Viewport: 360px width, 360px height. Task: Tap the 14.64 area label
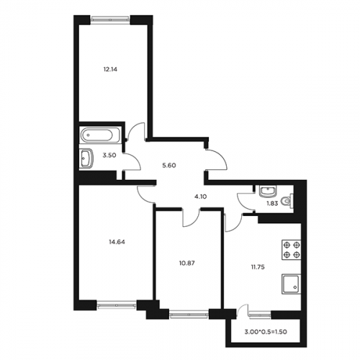(117, 242)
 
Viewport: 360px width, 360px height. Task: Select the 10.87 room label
(186, 263)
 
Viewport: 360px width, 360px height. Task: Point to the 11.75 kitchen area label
(258, 267)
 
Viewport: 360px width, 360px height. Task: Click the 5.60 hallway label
(169, 166)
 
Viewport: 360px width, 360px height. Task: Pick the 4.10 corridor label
(200, 197)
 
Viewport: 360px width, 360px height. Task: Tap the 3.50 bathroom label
(109, 156)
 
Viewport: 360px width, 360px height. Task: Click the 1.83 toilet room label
(272, 204)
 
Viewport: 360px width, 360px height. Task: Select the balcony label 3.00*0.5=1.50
(266, 332)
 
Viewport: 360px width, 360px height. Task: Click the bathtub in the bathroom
(100, 135)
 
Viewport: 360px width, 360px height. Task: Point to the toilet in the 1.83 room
(287, 200)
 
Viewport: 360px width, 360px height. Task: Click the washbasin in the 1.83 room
(269, 191)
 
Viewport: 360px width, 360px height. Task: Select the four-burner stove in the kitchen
(292, 249)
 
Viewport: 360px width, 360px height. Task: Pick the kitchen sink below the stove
(291, 284)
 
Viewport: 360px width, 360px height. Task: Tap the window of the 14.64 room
(117, 305)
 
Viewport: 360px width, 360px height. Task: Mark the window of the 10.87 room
(189, 314)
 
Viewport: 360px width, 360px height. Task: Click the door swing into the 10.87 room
(191, 218)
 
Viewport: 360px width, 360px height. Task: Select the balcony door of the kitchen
(243, 311)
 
